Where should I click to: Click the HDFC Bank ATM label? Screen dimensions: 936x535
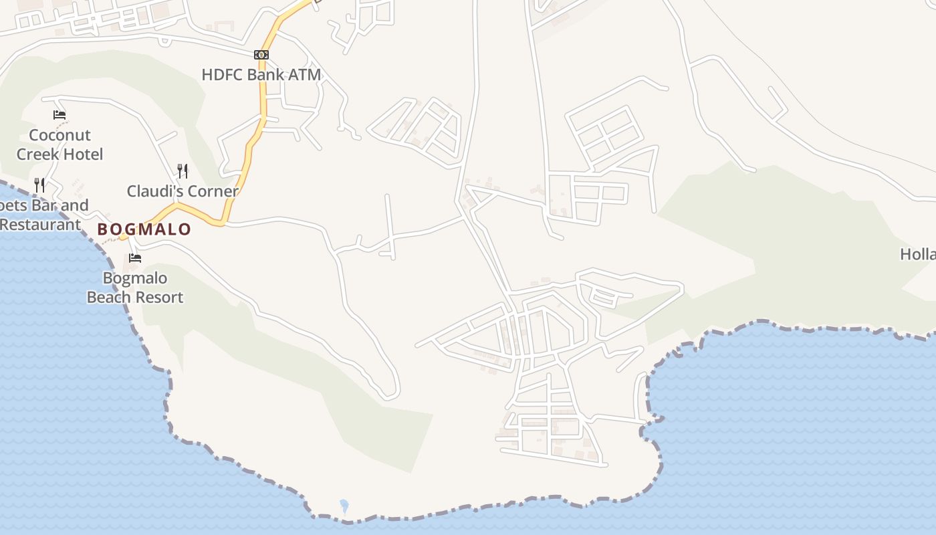pos(261,74)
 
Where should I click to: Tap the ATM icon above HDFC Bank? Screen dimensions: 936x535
pos(261,55)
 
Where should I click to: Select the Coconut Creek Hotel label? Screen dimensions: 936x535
pos(60,144)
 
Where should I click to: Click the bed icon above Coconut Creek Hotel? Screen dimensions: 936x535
pos(60,115)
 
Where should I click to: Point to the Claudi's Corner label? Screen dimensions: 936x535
pos(183,191)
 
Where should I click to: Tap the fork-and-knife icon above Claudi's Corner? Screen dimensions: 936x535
pos(183,171)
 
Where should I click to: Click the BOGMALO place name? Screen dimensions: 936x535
pos(144,229)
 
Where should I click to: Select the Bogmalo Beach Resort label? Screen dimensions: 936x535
pos(135,288)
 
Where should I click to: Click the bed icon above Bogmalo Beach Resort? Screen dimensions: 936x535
pos(135,258)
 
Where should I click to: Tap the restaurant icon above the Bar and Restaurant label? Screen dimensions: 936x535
pos(40,185)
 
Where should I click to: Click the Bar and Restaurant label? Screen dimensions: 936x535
pos(41,215)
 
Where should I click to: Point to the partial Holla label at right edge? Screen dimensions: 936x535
pos(918,254)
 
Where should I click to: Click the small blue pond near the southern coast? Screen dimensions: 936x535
pos(344,505)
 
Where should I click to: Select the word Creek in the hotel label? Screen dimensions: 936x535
pos(37,154)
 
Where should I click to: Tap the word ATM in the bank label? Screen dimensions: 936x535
pos(305,74)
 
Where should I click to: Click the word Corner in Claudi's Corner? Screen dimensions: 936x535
pos(213,191)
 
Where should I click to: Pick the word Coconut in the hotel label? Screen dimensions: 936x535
pos(60,135)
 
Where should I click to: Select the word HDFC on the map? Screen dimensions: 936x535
pos(223,74)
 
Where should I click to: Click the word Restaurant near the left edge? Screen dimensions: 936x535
pos(40,224)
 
